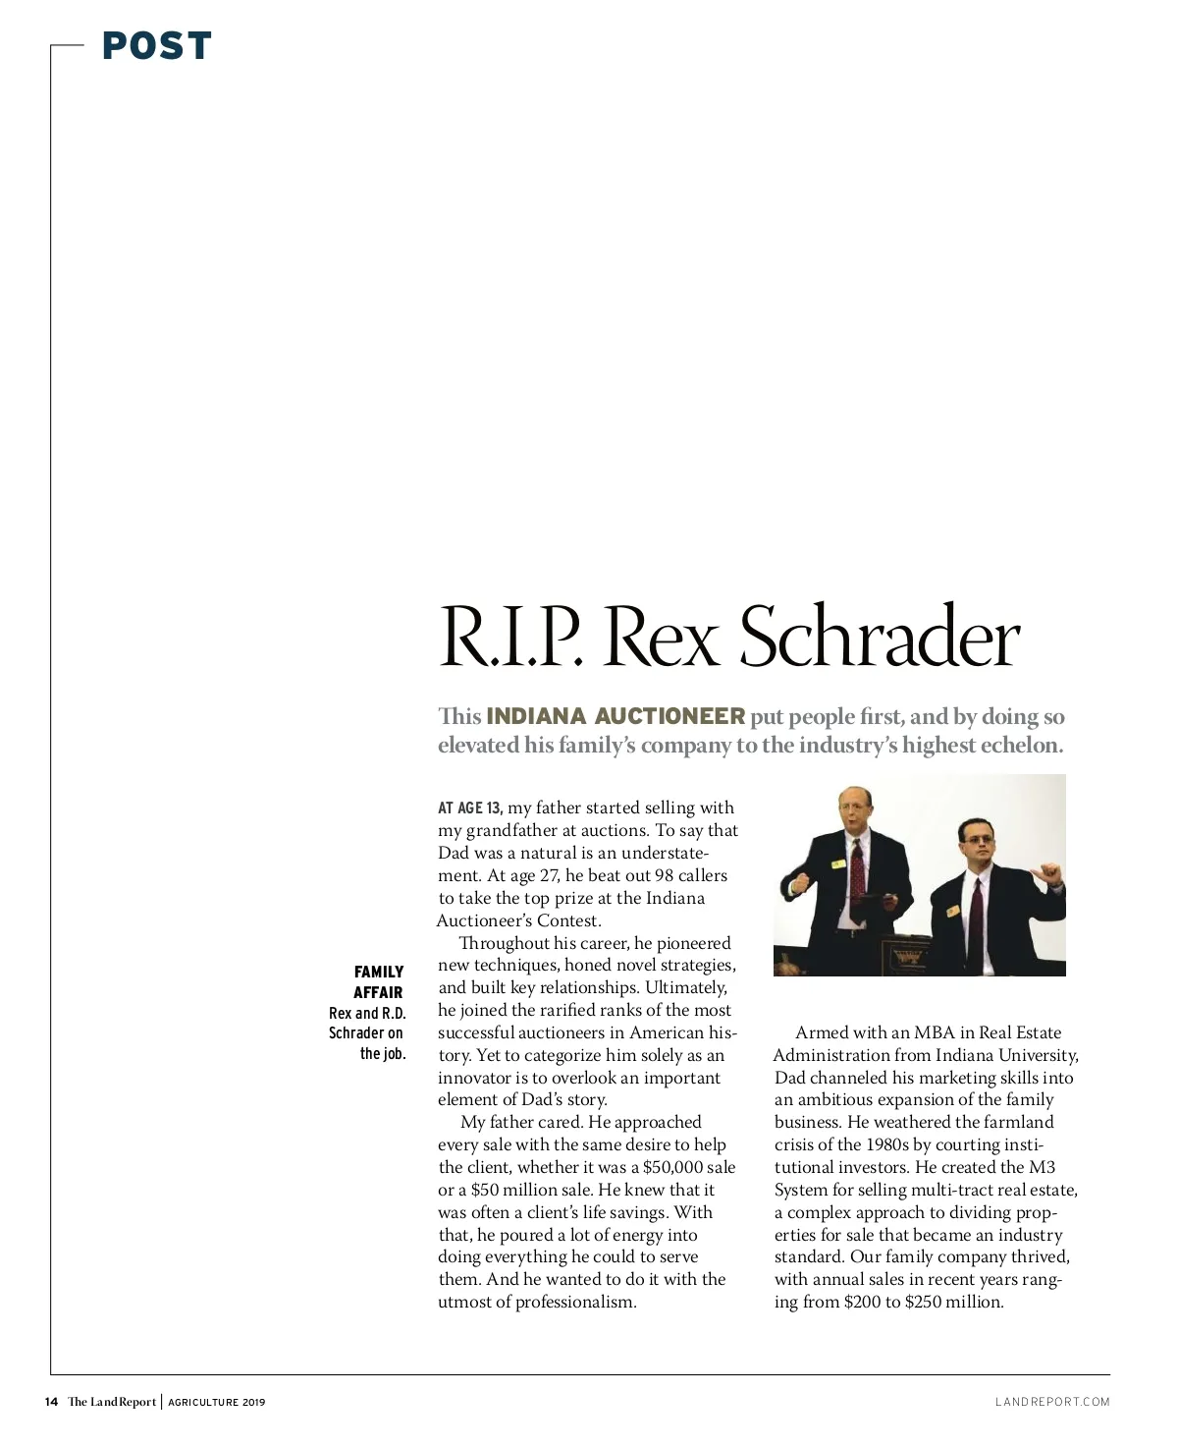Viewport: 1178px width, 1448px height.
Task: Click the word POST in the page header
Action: coord(156,45)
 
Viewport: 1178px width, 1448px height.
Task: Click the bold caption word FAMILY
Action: coord(379,972)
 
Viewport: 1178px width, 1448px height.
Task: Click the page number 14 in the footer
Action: coord(51,1402)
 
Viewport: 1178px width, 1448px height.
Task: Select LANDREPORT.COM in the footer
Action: coord(1052,1402)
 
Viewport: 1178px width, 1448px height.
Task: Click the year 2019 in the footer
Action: coord(254,1402)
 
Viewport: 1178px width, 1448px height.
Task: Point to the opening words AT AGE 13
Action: coord(470,808)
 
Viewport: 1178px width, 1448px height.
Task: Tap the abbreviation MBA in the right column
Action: coord(934,1032)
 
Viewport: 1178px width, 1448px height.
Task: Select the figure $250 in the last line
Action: coord(922,1302)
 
